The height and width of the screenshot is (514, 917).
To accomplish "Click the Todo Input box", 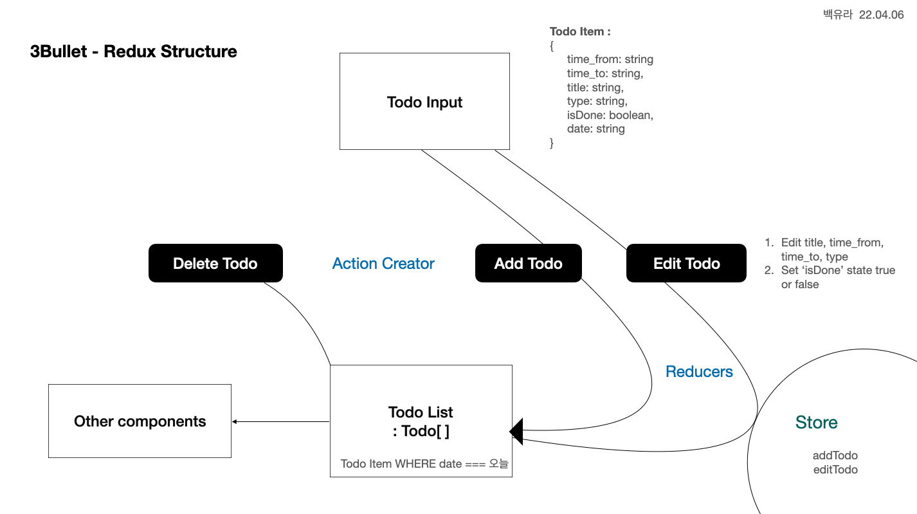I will (x=424, y=102).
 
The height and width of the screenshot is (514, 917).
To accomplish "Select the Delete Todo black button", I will (x=215, y=263).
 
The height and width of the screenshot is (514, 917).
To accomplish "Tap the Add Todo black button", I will (x=528, y=263).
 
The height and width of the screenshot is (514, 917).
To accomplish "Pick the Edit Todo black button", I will (x=686, y=263).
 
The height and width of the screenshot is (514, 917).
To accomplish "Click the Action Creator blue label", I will (x=383, y=263).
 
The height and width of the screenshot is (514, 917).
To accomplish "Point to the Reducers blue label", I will (x=699, y=371).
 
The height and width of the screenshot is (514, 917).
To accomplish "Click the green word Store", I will (x=816, y=423).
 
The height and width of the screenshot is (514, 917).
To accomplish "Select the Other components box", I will (x=140, y=421).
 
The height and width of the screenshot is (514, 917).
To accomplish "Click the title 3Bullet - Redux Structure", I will (x=133, y=51).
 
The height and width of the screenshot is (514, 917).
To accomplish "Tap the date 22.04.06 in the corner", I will (x=881, y=15).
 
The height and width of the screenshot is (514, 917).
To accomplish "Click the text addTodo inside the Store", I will (x=835, y=455).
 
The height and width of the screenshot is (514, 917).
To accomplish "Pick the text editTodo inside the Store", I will (x=835, y=470).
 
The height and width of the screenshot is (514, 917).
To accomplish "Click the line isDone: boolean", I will (x=610, y=115).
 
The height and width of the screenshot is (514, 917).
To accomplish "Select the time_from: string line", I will (x=610, y=59).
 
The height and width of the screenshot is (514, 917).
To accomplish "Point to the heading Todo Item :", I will (x=580, y=32).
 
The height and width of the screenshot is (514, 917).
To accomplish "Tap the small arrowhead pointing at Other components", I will (x=235, y=421).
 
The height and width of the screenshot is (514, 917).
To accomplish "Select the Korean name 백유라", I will (x=837, y=15).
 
